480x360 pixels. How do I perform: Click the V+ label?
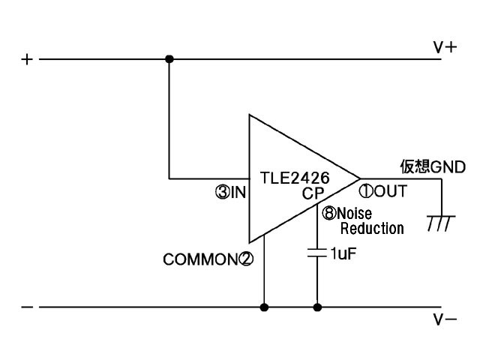pyautogui.click(x=445, y=47)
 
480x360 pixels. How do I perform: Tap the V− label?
pyautogui.click(x=445, y=319)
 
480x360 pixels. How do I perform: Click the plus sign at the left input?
pyautogui.click(x=28, y=59)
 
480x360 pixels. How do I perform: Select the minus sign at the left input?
pyautogui.click(x=28, y=307)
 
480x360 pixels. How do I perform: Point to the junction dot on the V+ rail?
pyautogui.click(x=169, y=58)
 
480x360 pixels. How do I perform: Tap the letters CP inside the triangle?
pyautogui.click(x=313, y=193)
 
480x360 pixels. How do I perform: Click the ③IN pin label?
pyautogui.click(x=231, y=193)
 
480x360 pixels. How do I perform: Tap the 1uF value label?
pyautogui.click(x=343, y=253)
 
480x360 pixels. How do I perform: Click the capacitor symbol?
pyautogui.click(x=317, y=253)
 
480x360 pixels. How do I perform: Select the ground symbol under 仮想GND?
pyautogui.click(x=439, y=222)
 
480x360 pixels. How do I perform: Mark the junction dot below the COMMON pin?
pyautogui.click(x=264, y=307)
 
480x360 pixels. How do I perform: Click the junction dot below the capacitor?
pyautogui.click(x=317, y=307)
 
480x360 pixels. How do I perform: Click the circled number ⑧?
pyautogui.click(x=328, y=213)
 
